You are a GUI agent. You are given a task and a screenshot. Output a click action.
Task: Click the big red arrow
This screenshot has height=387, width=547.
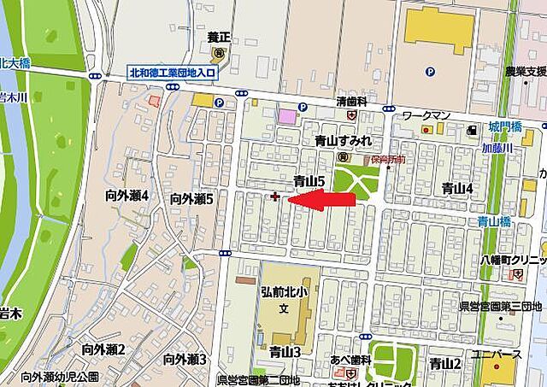click(x=325, y=200)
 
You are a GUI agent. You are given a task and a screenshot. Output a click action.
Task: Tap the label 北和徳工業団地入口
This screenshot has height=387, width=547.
click(x=174, y=73)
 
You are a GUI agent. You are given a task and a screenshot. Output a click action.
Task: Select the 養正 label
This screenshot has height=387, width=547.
click(x=219, y=38)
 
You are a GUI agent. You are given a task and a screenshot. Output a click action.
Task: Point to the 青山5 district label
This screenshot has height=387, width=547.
click(x=309, y=181)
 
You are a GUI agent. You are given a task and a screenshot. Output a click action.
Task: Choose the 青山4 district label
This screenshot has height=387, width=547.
click(x=457, y=188)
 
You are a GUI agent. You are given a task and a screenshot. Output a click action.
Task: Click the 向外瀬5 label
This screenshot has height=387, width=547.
click(x=191, y=198)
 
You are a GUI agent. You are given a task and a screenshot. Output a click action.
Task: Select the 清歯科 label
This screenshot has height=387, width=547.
click(x=351, y=101)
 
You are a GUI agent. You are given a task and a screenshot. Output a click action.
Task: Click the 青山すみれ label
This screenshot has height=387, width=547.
click(x=343, y=140)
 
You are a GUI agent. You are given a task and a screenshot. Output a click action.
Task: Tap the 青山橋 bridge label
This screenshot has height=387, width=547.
click(x=494, y=220)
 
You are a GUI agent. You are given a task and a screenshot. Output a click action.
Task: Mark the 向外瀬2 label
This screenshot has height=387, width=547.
click(x=103, y=349)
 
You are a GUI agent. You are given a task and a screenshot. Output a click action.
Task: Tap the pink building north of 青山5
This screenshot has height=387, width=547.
click(x=287, y=115)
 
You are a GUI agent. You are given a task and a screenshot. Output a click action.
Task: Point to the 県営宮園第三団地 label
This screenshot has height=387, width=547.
click(x=501, y=305)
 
